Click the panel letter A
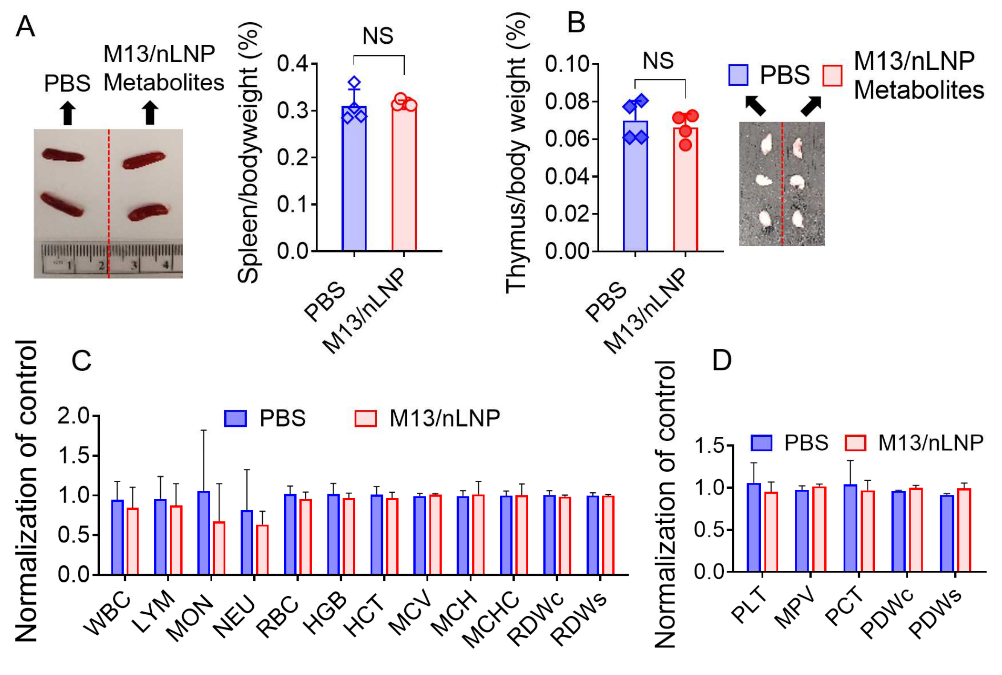coord(24,27)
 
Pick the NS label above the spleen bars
coord(378,36)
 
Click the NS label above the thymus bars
coord(658,61)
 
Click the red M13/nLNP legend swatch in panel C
coord(365,418)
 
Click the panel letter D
coord(722,360)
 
